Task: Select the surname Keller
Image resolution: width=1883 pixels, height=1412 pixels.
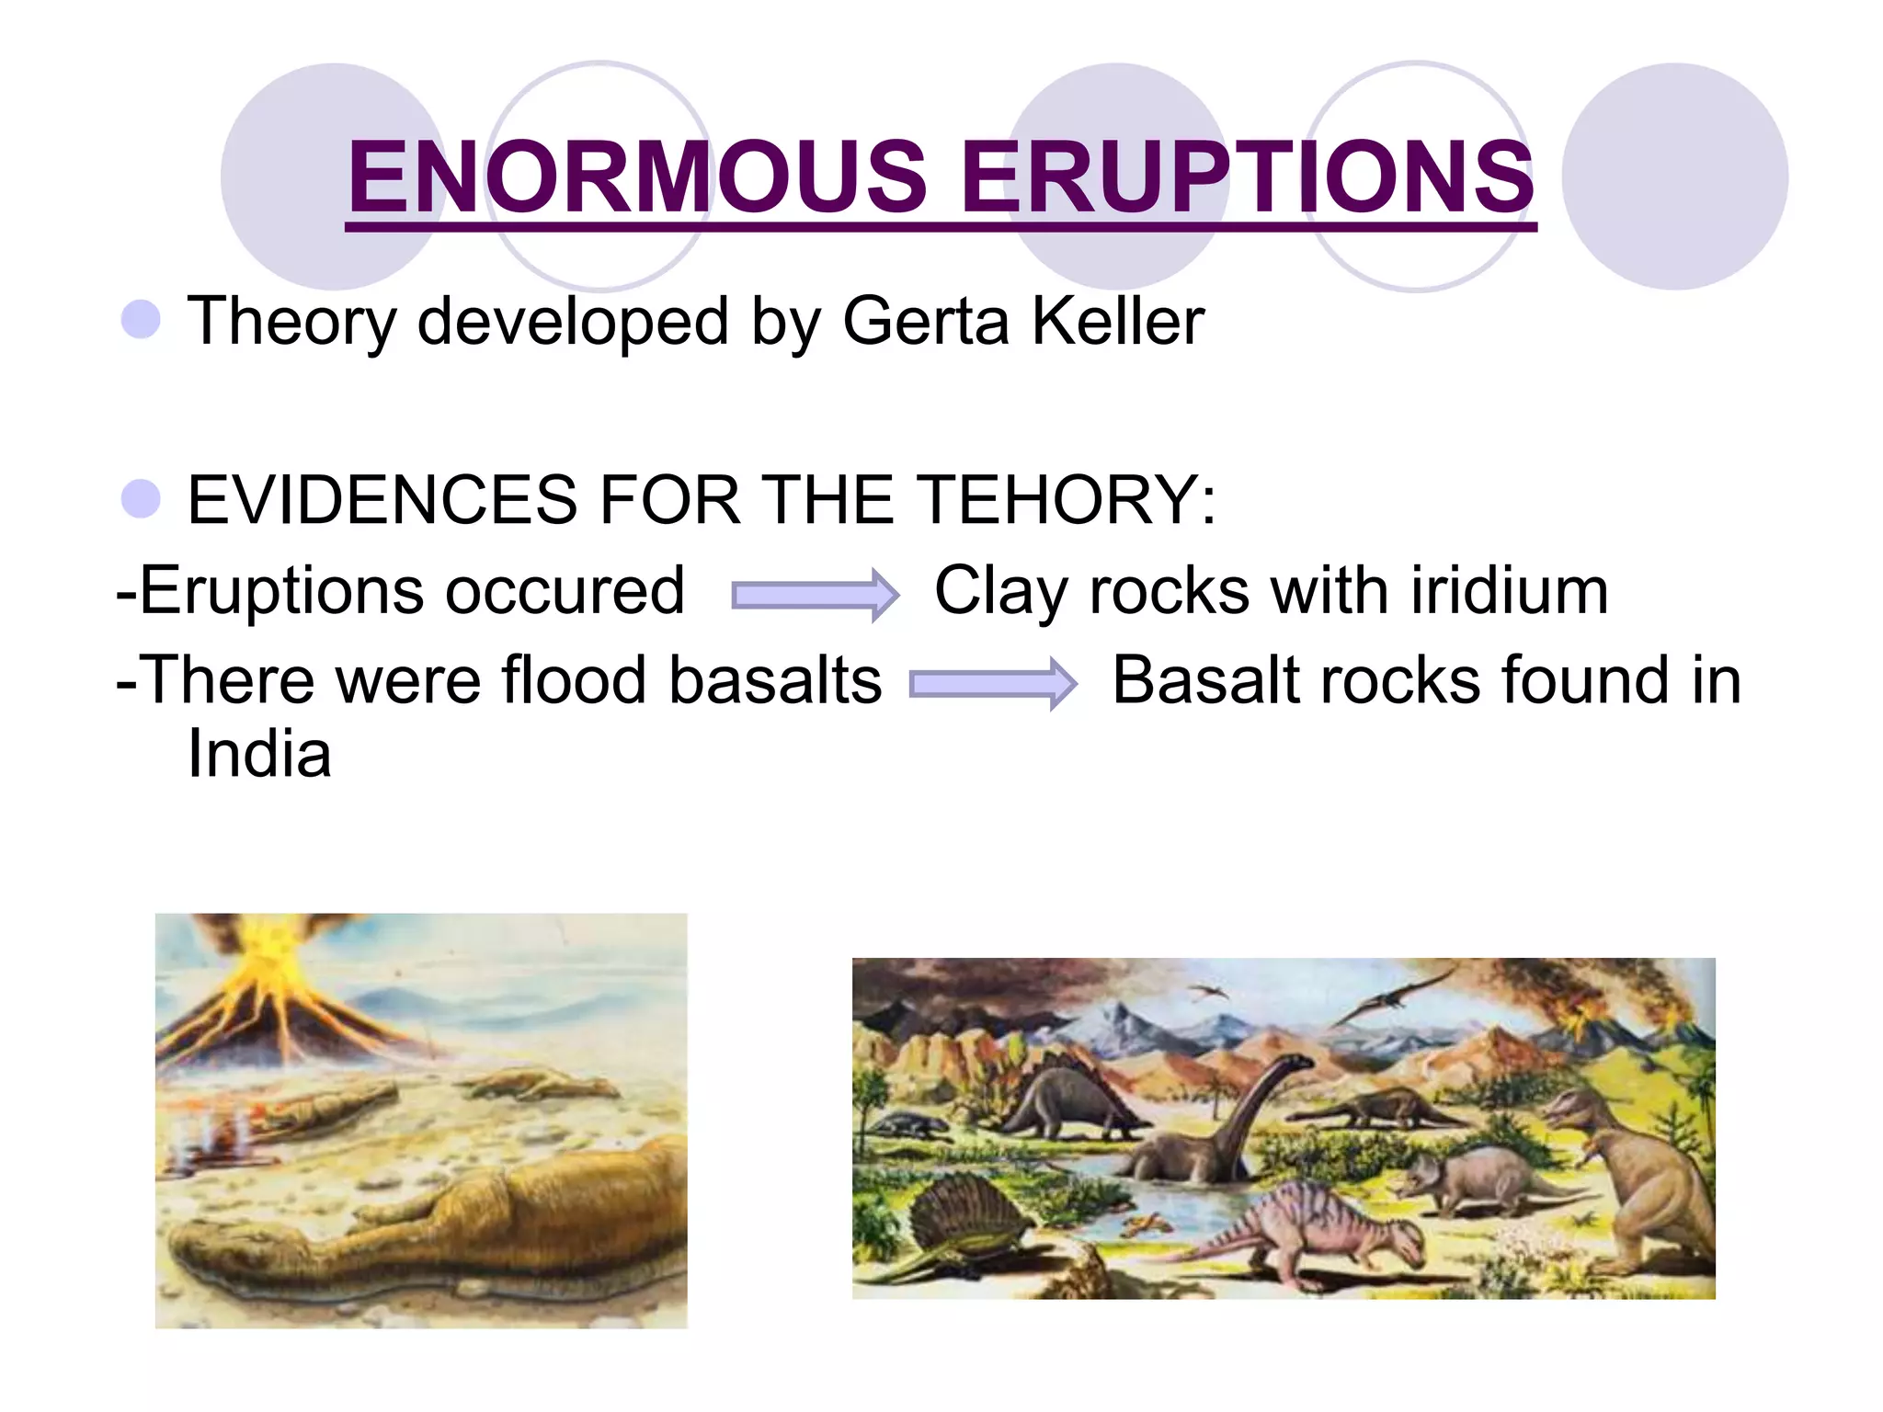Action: [1117, 321]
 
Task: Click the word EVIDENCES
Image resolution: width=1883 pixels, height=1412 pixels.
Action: [382, 500]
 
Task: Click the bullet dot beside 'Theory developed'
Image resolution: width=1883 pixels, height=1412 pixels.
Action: [141, 319]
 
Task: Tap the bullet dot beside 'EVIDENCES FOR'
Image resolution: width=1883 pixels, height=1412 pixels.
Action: [141, 498]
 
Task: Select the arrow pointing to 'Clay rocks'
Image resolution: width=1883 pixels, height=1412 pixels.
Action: [815, 596]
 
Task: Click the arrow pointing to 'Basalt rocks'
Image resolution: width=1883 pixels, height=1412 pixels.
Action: [992, 684]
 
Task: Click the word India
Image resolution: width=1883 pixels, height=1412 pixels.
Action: [259, 754]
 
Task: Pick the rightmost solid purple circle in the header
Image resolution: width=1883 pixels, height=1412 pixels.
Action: [1674, 176]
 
